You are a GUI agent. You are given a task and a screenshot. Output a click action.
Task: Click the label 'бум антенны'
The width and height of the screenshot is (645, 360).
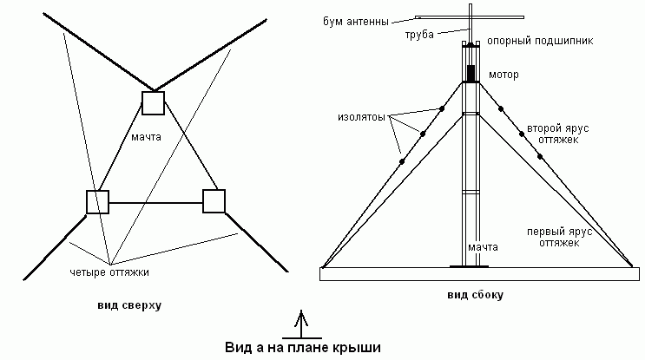(x=356, y=20)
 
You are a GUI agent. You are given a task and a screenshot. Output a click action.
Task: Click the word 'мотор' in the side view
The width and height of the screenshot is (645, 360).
(x=503, y=75)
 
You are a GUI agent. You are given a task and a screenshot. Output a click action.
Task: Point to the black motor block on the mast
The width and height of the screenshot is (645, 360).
(x=471, y=73)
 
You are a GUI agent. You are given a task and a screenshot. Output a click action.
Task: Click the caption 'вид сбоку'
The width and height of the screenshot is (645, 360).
(x=475, y=296)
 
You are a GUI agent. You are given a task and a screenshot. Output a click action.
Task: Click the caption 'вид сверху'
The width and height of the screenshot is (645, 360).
(x=130, y=305)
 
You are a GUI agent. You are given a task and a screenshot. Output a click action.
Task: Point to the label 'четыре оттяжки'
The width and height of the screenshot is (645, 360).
(x=109, y=272)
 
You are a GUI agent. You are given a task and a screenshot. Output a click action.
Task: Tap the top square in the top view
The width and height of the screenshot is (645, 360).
(x=154, y=102)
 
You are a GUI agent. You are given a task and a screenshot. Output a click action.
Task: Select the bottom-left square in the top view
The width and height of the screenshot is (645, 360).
(x=97, y=201)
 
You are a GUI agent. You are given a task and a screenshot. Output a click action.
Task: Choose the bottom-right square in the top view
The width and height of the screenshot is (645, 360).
(x=214, y=200)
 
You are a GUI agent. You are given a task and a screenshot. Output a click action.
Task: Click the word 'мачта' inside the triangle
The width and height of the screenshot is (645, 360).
(x=156, y=137)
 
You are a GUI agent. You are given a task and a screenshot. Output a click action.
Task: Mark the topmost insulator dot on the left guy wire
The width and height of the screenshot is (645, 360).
(x=442, y=109)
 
